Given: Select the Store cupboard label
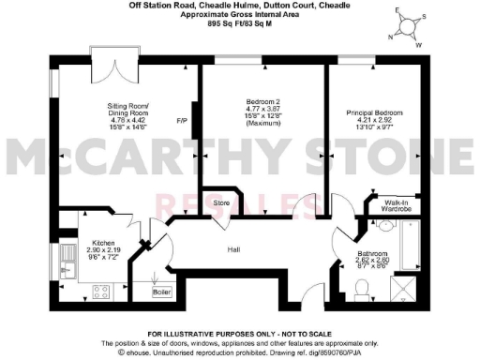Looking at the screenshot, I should point(222,202).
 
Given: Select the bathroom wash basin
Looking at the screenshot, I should point(393,225).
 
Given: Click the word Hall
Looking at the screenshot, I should point(235,250).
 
